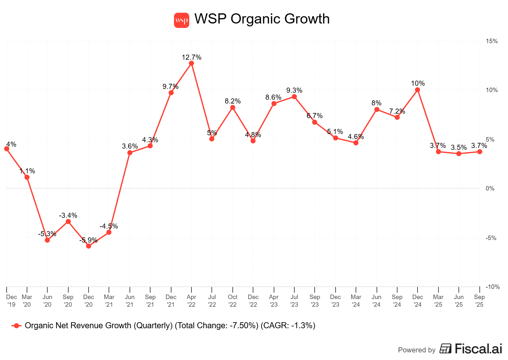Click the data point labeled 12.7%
click(191, 63)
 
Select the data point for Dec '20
click(89, 246)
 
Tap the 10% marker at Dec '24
click(418, 90)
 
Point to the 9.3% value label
click(294, 90)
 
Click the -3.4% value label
click(68, 216)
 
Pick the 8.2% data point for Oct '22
click(233, 108)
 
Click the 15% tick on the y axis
click(491, 41)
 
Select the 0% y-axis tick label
click(490, 189)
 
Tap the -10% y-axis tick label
click(492, 287)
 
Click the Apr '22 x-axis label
click(191, 301)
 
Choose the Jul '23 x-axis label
click(294, 301)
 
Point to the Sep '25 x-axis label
click(479, 301)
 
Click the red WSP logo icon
click(182, 20)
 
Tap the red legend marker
click(17, 326)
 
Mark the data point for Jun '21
click(130, 153)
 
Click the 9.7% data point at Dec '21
click(171, 93)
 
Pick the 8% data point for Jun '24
click(377, 110)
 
